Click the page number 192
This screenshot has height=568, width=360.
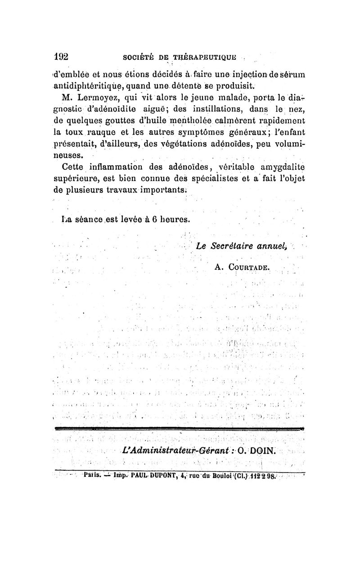click(x=61, y=57)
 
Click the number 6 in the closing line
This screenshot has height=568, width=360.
click(x=154, y=220)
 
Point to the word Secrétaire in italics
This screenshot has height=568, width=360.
click(x=231, y=246)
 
